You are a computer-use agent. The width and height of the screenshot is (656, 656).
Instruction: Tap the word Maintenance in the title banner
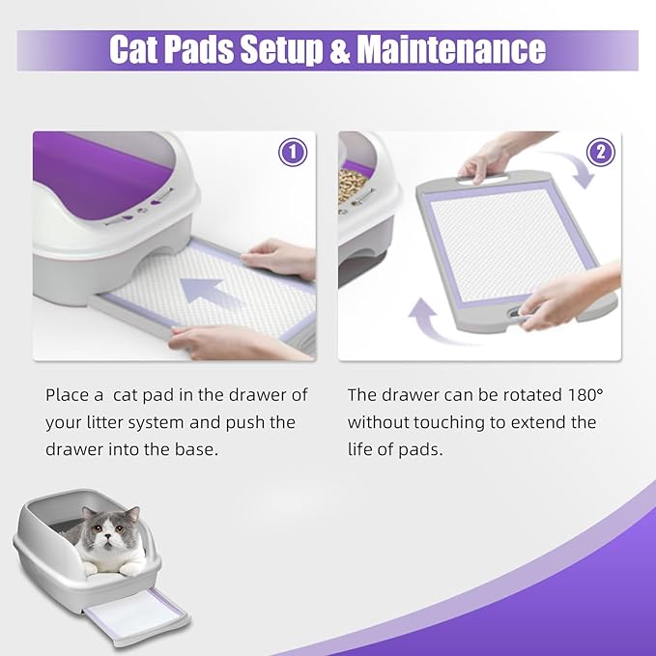(x=451, y=49)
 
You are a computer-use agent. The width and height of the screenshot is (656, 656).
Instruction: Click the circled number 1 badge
(x=293, y=153)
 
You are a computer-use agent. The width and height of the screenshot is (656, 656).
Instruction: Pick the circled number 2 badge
(x=599, y=153)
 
